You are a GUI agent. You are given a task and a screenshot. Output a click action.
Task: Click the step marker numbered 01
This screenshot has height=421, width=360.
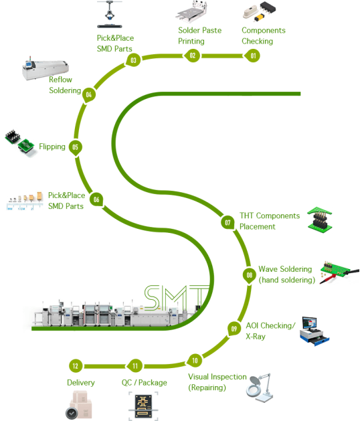click(x=253, y=56)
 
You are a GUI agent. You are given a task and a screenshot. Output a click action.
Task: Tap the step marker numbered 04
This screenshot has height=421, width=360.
click(x=89, y=95)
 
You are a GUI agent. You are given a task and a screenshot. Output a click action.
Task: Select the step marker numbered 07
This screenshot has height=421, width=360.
click(x=228, y=223)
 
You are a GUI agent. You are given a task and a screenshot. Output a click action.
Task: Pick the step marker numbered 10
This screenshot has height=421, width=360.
click(x=195, y=361)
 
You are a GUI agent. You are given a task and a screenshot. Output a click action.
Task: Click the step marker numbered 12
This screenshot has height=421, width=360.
click(x=76, y=365)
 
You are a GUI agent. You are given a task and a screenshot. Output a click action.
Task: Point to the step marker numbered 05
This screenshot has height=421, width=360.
click(x=76, y=147)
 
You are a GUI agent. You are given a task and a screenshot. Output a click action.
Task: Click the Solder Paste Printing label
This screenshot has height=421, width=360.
click(x=199, y=35)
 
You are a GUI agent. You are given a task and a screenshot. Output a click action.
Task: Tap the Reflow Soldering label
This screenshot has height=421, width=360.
click(x=65, y=85)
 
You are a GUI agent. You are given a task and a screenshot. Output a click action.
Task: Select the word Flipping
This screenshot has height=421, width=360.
click(x=52, y=147)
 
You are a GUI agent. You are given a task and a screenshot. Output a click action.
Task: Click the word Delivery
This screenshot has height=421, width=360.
click(x=81, y=383)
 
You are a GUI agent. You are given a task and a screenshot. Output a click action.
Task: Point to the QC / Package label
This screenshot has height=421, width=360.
click(x=144, y=383)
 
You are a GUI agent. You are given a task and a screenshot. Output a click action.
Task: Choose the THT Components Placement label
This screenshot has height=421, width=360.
click(x=270, y=222)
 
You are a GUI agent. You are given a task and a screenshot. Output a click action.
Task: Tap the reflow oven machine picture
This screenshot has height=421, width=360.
click(x=45, y=68)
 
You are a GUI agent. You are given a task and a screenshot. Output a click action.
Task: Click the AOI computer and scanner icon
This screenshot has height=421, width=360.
click(x=314, y=331)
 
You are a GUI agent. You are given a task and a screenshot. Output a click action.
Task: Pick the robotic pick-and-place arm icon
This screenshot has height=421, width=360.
click(x=110, y=15)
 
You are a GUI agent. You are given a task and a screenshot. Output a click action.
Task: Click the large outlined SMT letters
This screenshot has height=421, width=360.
click(x=177, y=297)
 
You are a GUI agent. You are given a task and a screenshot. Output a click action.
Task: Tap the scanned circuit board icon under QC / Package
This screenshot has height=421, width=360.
click(x=143, y=406)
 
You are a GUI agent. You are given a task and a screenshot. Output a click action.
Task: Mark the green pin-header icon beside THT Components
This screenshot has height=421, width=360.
click(x=320, y=220)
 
